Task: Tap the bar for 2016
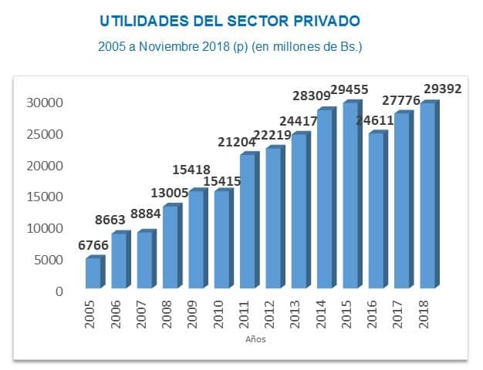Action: tap(375, 211)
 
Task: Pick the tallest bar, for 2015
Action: tap(350, 196)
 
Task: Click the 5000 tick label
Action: tap(46, 261)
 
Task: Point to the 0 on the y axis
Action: tap(58, 292)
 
